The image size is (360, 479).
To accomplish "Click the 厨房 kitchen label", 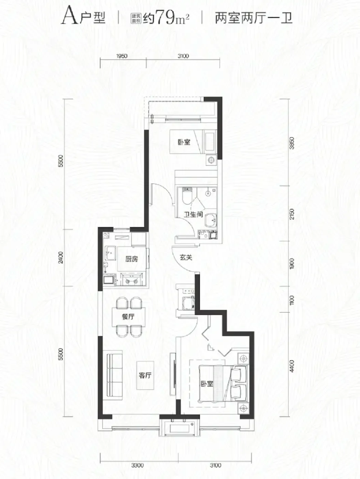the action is [132, 259].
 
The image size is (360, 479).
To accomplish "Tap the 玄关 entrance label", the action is [186, 258].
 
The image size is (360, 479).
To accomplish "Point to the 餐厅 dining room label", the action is [128, 317].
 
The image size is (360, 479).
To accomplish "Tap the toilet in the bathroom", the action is [187, 195].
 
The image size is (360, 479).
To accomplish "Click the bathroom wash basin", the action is [211, 220].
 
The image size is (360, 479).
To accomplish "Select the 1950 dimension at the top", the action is [122, 56].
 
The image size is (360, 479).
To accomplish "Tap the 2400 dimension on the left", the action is [61, 258].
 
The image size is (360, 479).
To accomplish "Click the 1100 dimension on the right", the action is [292, 300].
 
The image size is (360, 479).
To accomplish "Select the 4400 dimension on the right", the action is [292, 366].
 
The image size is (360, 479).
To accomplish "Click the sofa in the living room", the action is [114, 375].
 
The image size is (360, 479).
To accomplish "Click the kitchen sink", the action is [110, 253].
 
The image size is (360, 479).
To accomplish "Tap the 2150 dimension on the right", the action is [292, 214].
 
